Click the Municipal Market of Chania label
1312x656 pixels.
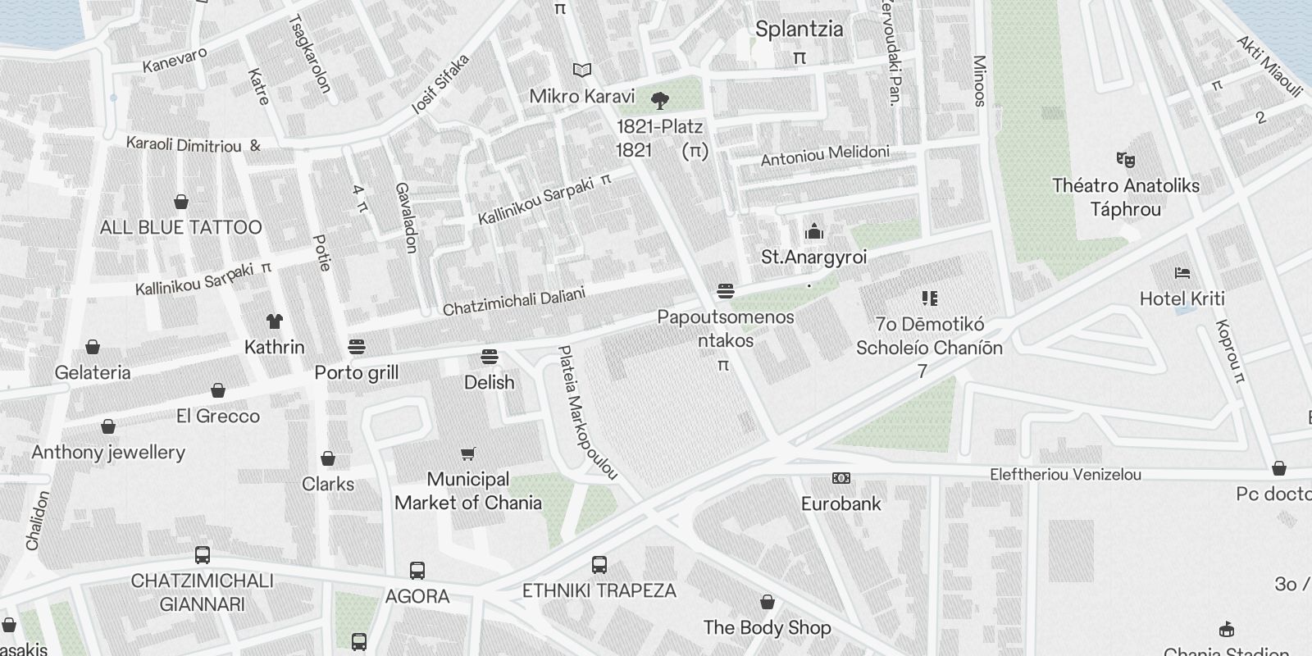[x=468, y=490]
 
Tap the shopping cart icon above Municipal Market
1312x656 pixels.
[x=468, y=453]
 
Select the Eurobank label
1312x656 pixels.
[x=840, y=503]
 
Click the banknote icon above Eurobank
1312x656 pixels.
[x=840, y=478]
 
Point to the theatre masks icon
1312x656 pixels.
[x=1125, y=159]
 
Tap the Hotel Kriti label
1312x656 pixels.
[x=1182, y=299]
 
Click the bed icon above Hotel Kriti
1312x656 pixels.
[x=1182, y=273]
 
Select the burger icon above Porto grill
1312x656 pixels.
[x=356, y=346]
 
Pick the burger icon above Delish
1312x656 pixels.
[x=490, y=357]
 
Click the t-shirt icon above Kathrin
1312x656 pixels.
[x=274, y=321]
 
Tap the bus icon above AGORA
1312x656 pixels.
[x=417, y=570]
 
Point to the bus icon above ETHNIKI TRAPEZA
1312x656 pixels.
[x=599, y=564]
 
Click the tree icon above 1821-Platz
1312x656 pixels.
[x=659, y=101]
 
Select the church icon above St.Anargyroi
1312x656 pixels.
[x=813, y=231]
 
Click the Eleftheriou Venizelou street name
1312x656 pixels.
[x=1065, y=475]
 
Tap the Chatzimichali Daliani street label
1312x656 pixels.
[x=514, y=302]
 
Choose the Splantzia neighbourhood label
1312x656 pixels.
[x=799, y=30]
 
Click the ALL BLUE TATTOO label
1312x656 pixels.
[x=180, y=227]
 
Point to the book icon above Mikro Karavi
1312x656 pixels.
[x=582, y=71]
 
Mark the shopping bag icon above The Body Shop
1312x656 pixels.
[x=767, y=603]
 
